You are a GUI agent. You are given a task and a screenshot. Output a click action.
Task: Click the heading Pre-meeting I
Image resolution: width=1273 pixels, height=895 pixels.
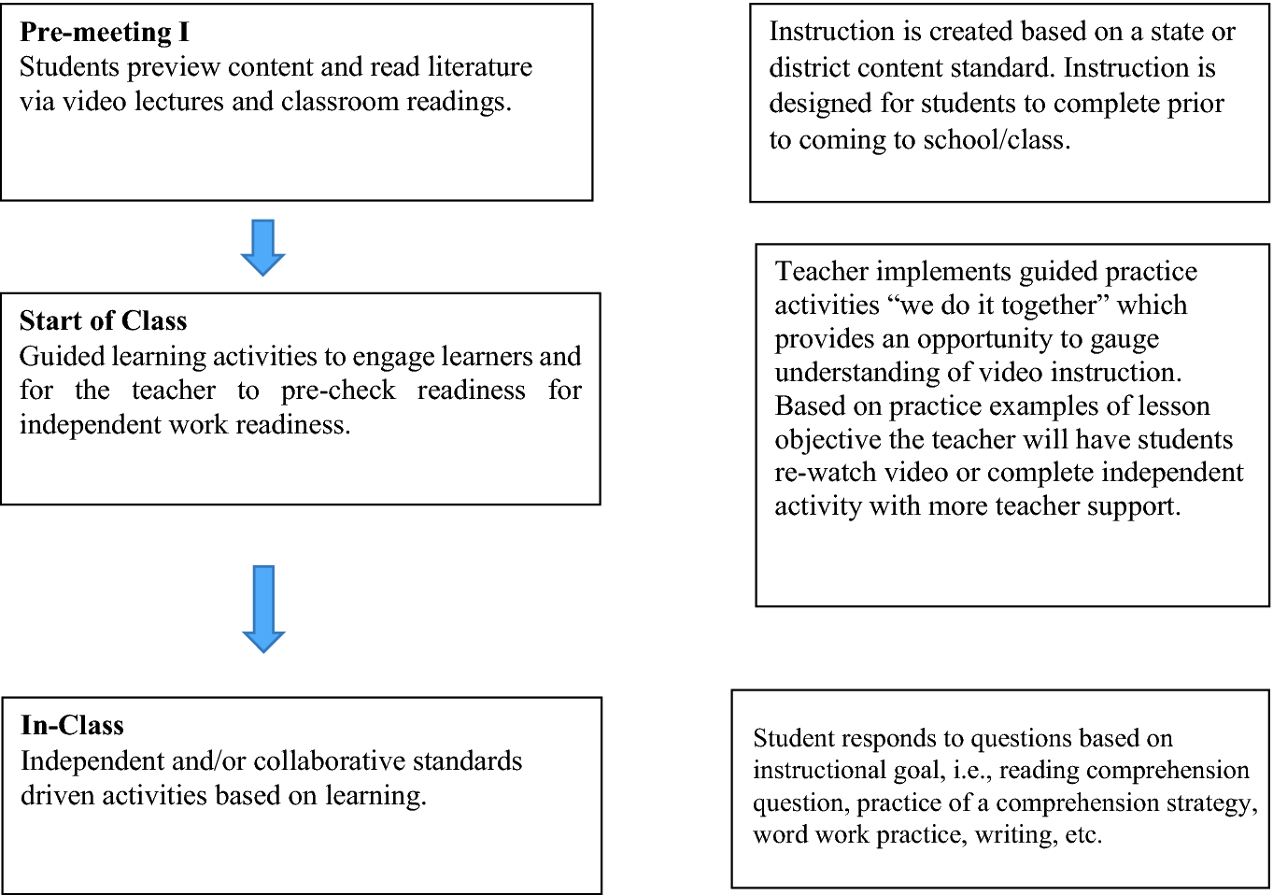104,33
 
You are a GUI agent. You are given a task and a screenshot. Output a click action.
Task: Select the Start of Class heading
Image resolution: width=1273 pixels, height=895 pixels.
103,321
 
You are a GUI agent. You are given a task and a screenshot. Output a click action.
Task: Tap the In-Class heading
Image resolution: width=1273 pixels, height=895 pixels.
72,726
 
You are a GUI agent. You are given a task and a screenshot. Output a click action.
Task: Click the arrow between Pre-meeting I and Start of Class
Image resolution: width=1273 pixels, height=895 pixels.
262,247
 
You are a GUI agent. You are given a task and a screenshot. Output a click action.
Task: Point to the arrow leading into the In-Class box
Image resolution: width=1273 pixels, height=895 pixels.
263,608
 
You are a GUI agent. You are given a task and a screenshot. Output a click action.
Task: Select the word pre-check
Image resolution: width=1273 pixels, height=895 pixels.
338,391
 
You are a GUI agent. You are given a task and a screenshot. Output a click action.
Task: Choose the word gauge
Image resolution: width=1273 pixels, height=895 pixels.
1125,339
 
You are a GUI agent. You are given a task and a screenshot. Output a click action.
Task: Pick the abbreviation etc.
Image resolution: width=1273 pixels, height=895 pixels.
1083,834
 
